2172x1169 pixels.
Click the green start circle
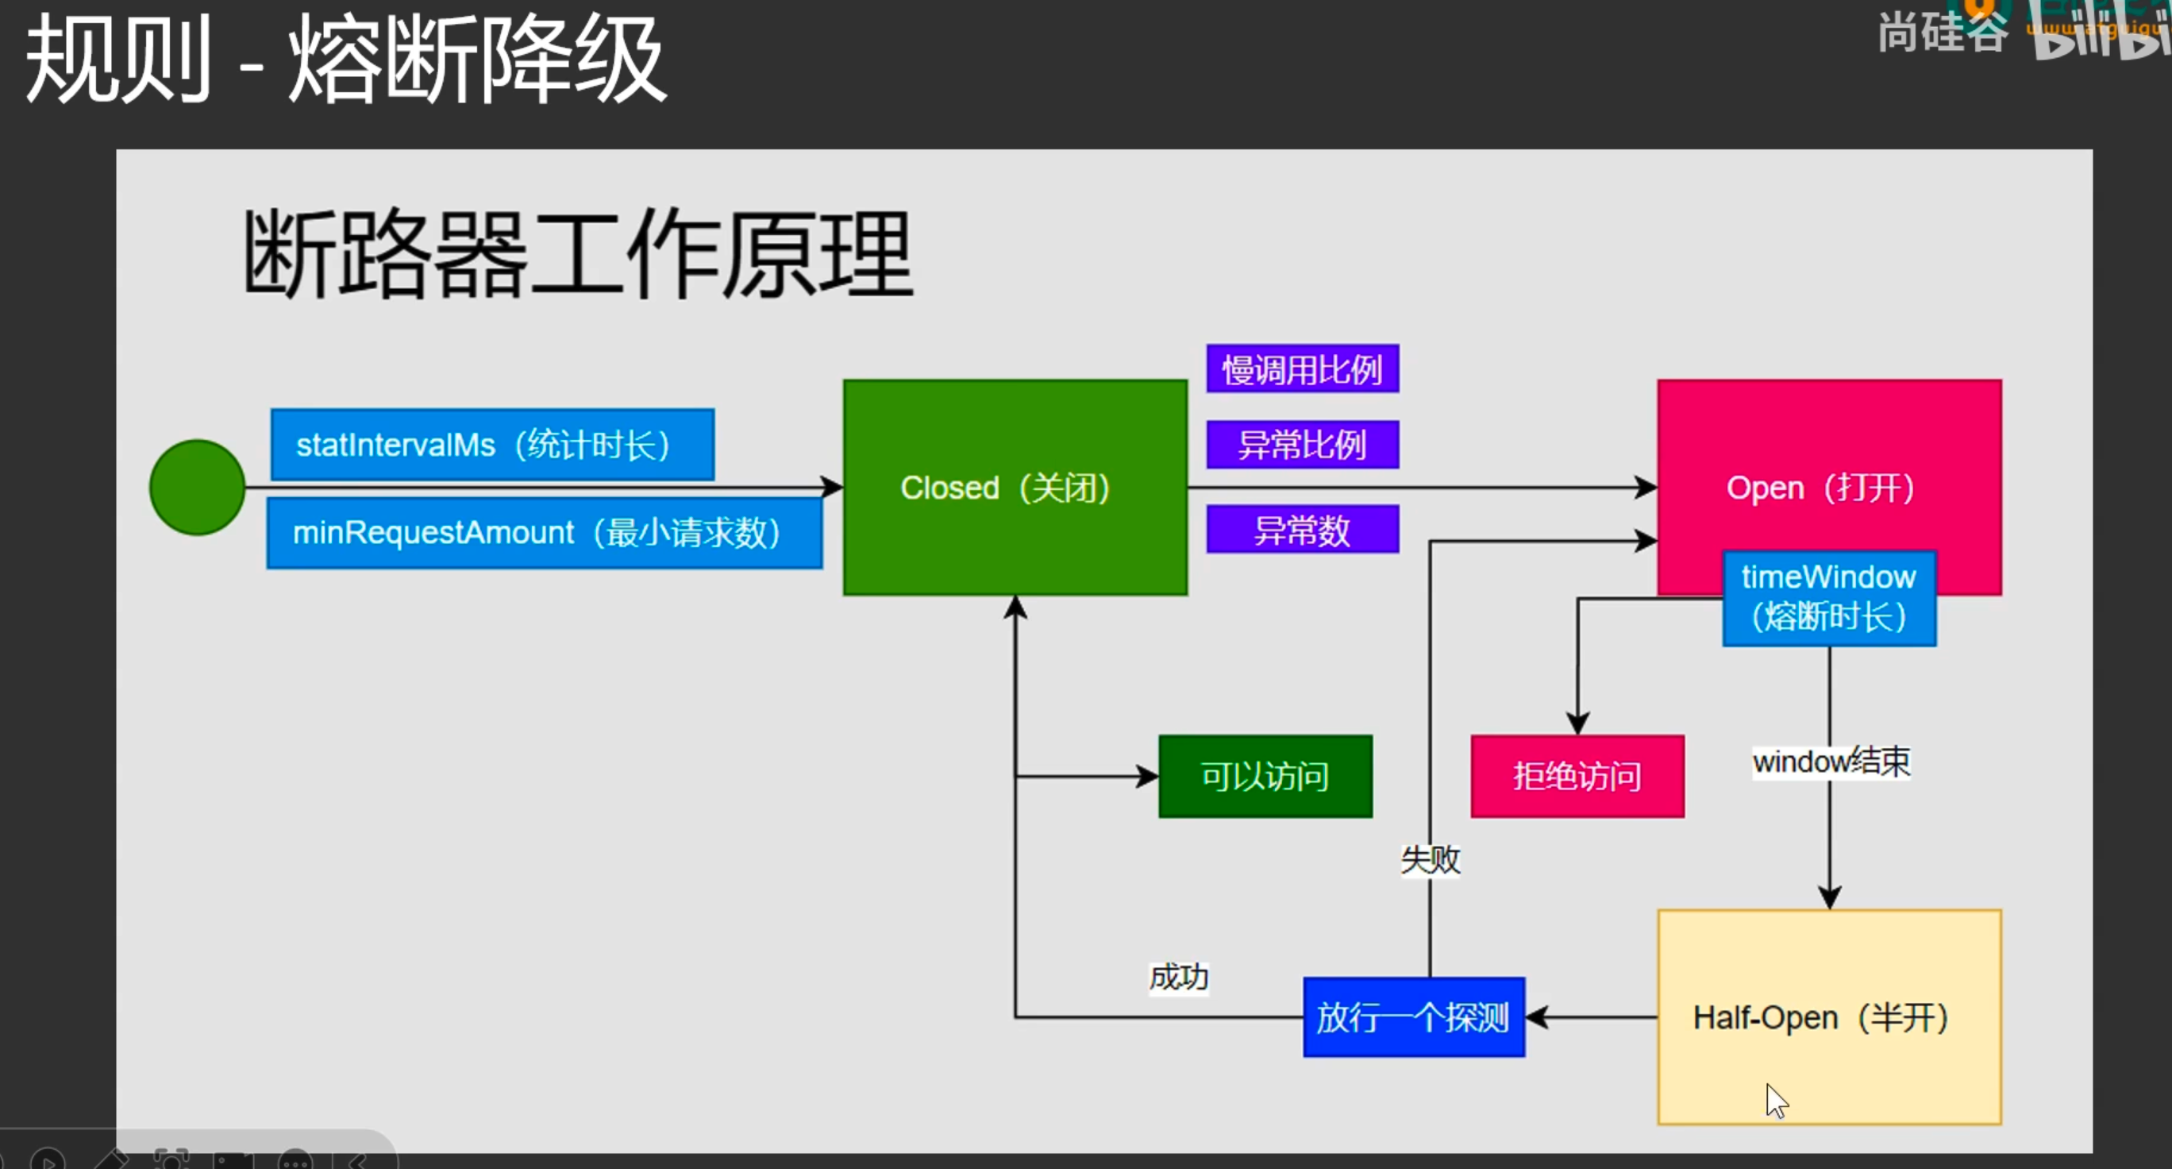(x=198, y=488)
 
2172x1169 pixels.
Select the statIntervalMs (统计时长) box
(x=492, y=445)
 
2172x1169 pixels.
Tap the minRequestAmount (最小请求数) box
(x=544, y=533)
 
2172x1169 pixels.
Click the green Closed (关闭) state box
(x=1015, y=488)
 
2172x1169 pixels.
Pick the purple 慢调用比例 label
(x=1303, y=368)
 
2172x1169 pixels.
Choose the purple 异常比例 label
(x=1303, y=445)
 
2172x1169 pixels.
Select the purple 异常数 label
(x=1303, y=530)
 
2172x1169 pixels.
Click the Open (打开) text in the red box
(x=1820, y=488)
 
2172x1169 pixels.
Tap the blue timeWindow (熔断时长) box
(x=1829, y=598)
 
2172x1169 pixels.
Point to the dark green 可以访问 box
(x=1265, y=776)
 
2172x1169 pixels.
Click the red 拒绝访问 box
(x=1577, y=776)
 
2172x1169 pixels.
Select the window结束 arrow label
(x=1831, y=762)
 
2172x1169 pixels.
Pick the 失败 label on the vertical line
(x=1430, y=860)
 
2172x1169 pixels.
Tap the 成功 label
(x=1179, y=978)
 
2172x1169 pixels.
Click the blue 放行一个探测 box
(x=1414, y=1017)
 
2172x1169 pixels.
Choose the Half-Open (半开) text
(x=1820, y=1017)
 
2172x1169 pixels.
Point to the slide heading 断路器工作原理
(x=579, y=254)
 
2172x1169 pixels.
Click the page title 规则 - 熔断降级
(x=345, y=59)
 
